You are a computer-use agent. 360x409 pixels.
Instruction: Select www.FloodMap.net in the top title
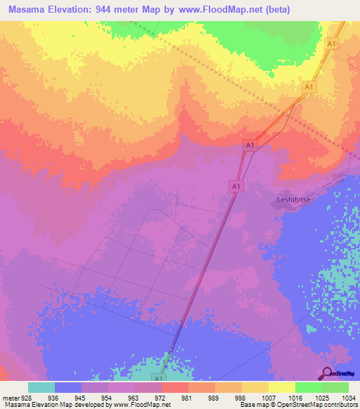click(x=223, y=11)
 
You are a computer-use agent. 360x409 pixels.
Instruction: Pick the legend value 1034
click(x=348, y=398)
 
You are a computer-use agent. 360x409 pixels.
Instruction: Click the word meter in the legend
click(x=11, y=398)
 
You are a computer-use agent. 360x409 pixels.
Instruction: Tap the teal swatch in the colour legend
click(x=41, y=387)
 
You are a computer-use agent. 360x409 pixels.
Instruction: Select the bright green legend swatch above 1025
click(x=308, y=387)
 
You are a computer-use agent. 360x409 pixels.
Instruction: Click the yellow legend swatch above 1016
click(x=281, y=387)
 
